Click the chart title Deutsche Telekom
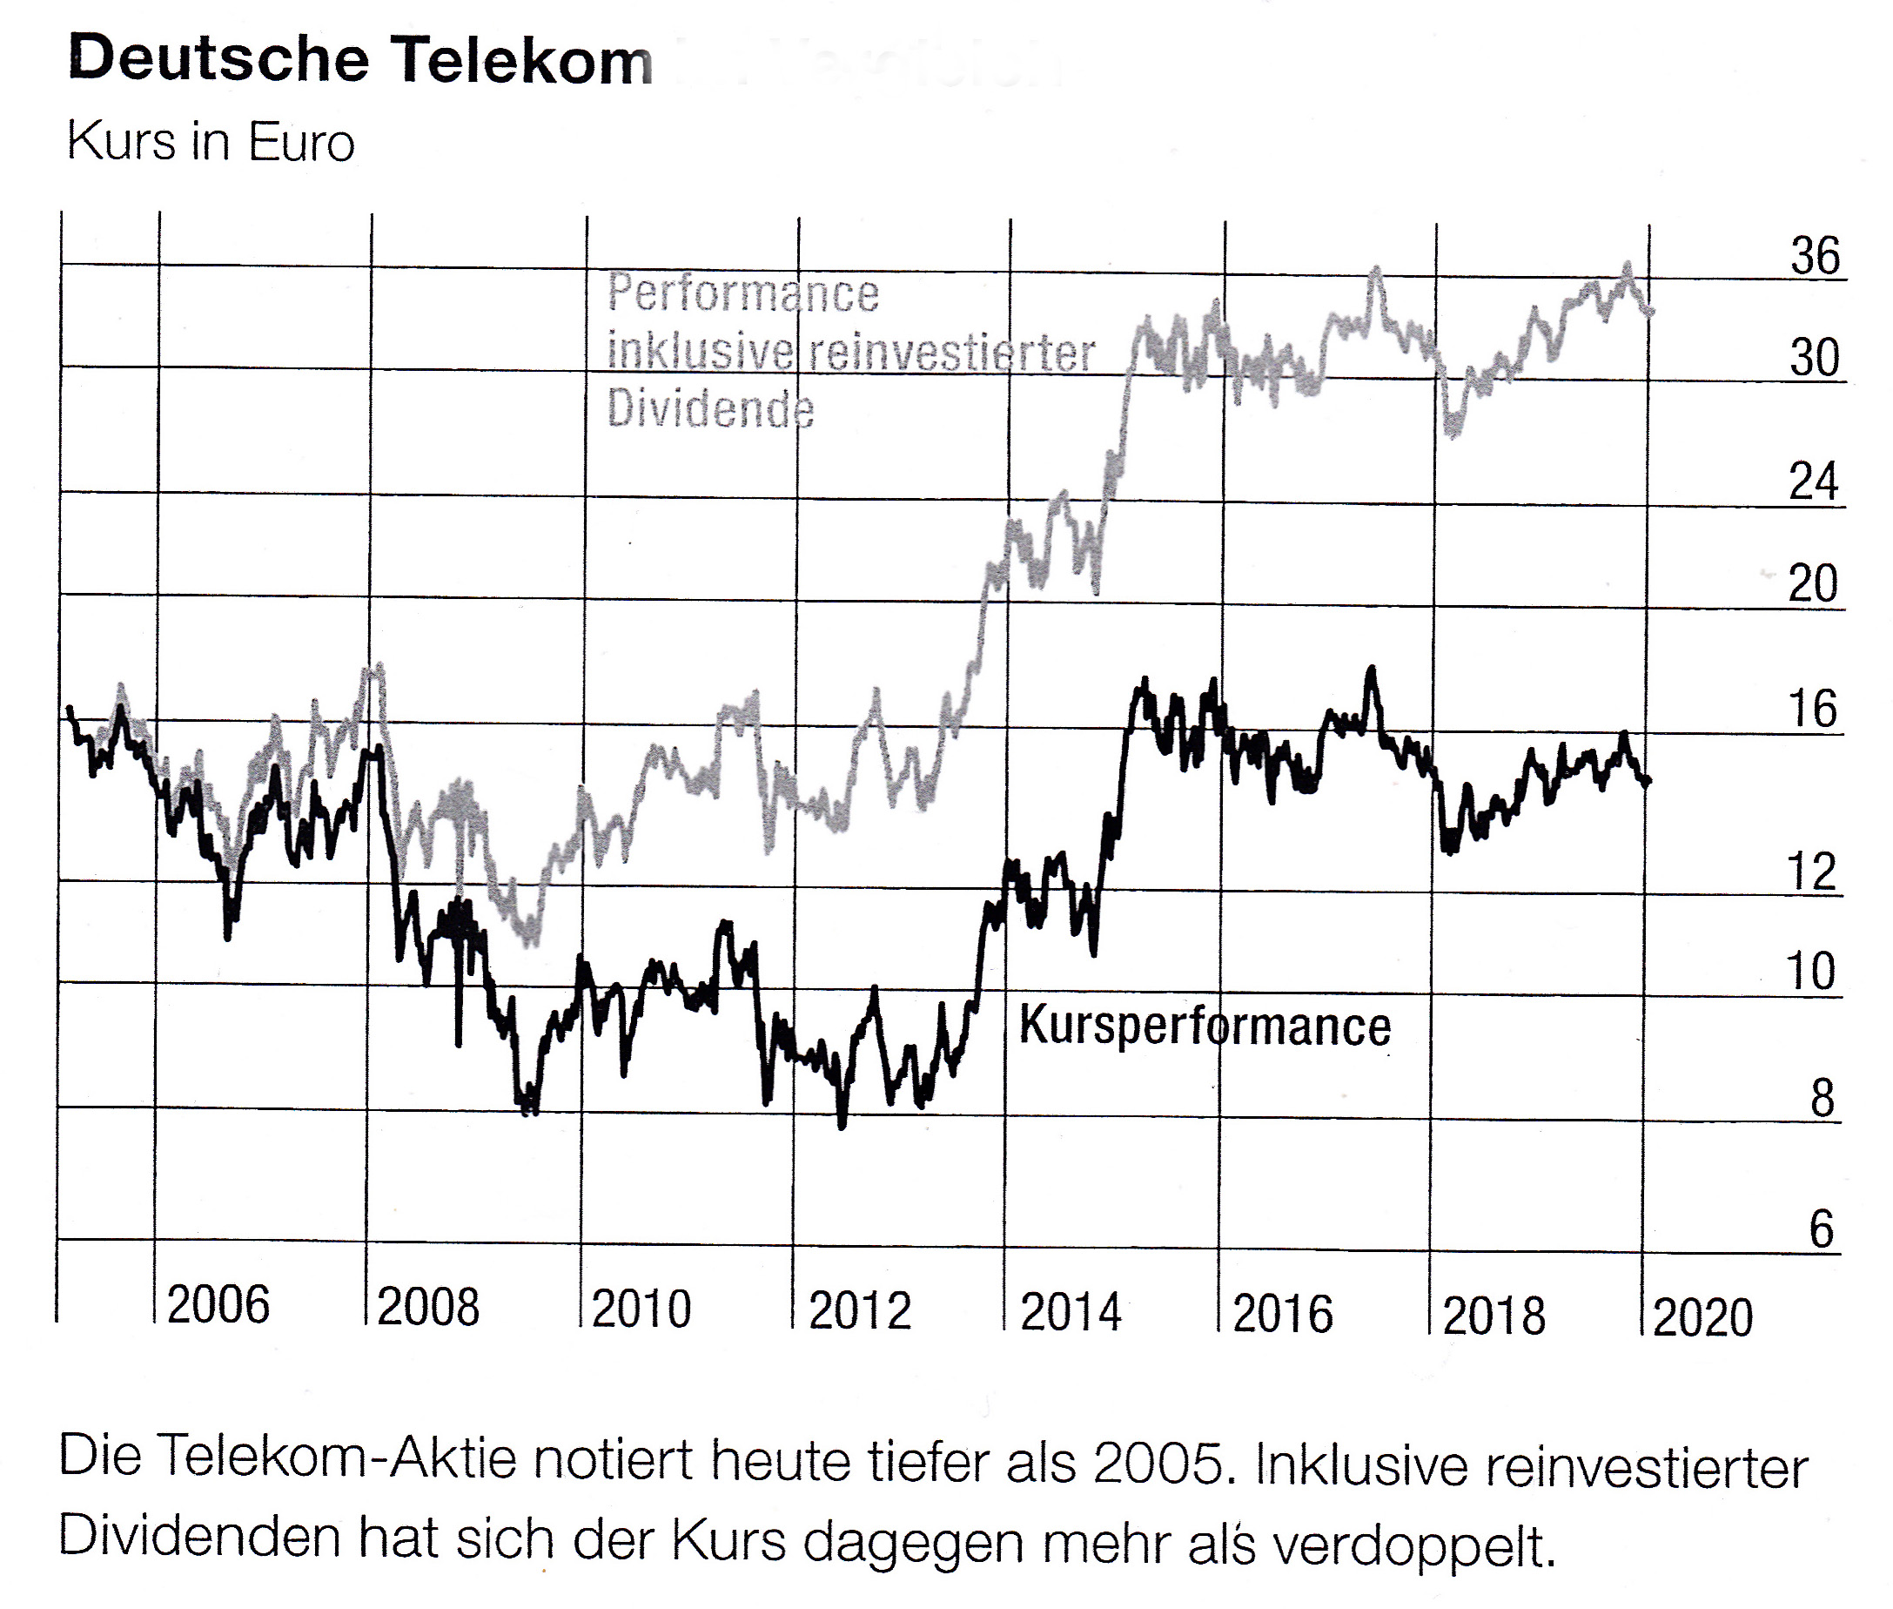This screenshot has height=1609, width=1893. pyautogui.click(x=360, y=60)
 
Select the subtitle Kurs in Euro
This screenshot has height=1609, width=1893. pyautogui.click(x=211, y=143)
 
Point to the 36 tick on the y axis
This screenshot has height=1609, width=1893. pyautogui.click(x=1815, y=256)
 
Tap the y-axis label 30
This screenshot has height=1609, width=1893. pyautogui.click(x=1814, y=358)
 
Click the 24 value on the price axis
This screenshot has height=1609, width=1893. pyautogui.click(x=1813, y=481)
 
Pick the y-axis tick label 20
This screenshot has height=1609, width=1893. pyautogui.click(x=1812, y=583)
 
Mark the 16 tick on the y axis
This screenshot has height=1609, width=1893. pyautogui.click(x=1812, y=710)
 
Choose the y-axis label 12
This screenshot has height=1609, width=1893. pyautogui.click(x=1811, y=872)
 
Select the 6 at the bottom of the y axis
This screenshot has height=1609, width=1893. pyautogui.click(x=1820, y=1229)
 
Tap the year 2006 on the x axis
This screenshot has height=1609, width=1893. pyautogui.click(x=218, y=1304)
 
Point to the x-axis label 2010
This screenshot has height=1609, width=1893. pyautogui.click(x=641, y=1309)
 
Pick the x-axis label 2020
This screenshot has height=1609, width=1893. pyautogui.click(x=1702, y=1318)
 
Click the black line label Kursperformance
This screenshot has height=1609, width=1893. pyautogui.click(x=1205, y=1026)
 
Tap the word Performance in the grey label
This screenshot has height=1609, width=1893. pyautogui.click(x=743, y=293)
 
